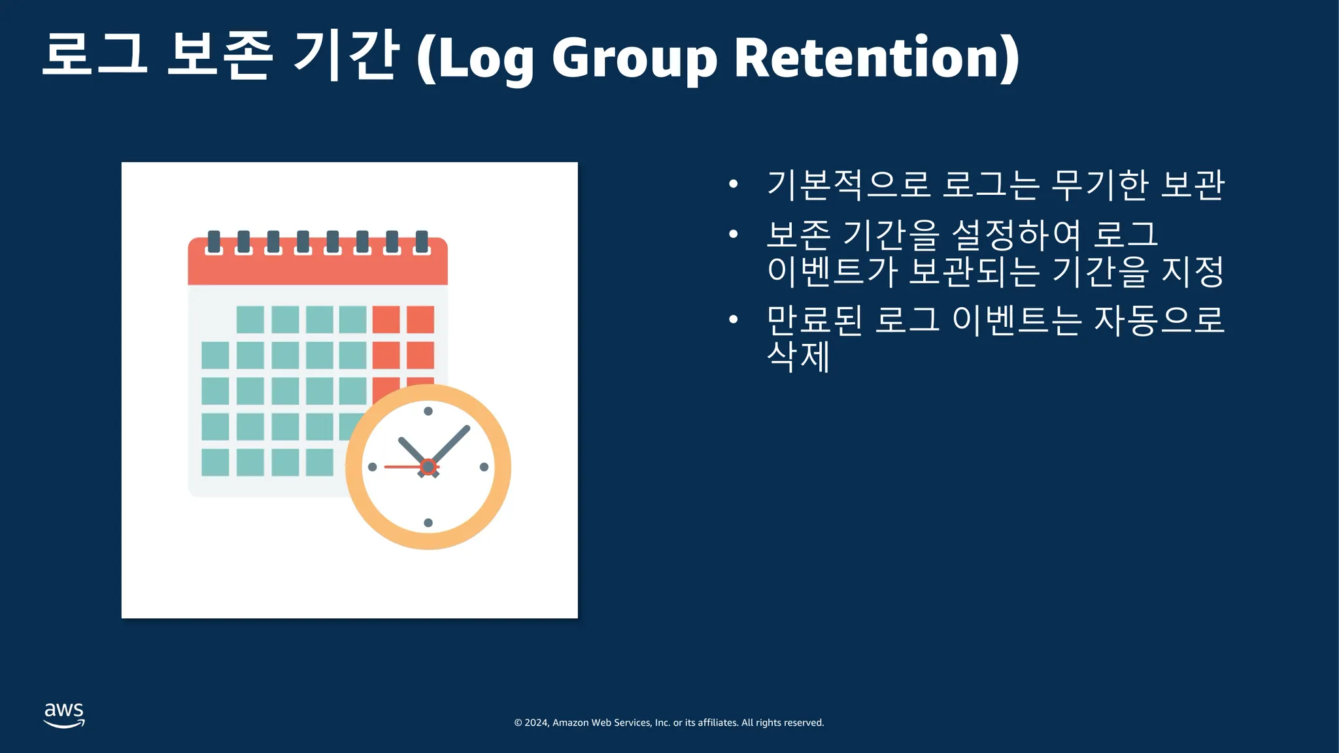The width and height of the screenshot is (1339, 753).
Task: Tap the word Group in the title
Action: (x=634, y=61)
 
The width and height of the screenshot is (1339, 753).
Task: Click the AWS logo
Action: (x=64, y=715)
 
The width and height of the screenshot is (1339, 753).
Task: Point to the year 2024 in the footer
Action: (x=536, y=723)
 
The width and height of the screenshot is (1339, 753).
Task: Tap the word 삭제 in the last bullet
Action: (x=798, y=356)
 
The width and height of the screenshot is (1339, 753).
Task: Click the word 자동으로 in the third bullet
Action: (x=1159, y=320)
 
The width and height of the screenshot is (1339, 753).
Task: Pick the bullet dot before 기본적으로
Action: (x=733, y=184)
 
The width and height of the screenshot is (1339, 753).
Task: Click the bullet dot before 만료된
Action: (x=733, y=320)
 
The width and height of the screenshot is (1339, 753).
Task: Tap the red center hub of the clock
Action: (x=428, y=467)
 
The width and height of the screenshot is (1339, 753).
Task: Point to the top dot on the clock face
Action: (x=428, y=411)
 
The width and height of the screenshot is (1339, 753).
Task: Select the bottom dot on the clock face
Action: (x=428, y=523)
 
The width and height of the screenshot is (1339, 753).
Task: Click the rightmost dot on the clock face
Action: (x=484, y=467)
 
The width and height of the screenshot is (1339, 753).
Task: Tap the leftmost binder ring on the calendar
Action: (x=214, y=242)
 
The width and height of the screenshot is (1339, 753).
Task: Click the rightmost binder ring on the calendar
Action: (x=422, y=242)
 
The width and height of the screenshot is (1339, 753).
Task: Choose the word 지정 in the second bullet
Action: (x=1192, y=271)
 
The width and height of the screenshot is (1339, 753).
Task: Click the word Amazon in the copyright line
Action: (x=570, y=723)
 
